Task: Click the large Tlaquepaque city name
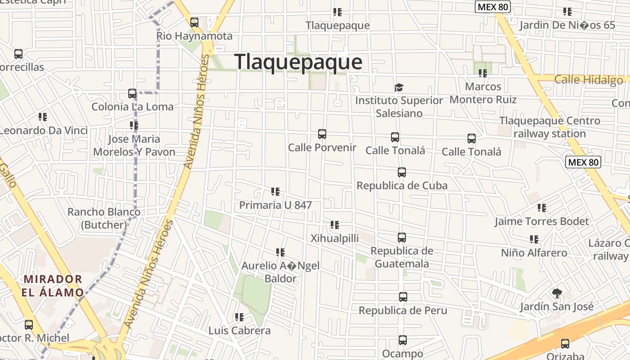(298, 62)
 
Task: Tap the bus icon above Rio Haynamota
(194, 22)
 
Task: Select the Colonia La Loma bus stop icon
(132, 94)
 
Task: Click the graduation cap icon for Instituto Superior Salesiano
(399, 87)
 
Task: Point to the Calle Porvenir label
(322, 148)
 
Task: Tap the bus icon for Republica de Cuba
(402, 172)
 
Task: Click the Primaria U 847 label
(275, 205)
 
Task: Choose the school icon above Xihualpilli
(335, 225)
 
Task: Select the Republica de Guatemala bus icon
(402, 238)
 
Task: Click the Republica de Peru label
(403, 310)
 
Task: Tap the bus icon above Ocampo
(403, 340)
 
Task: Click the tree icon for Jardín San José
(557, 293)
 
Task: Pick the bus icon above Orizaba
(565, 344)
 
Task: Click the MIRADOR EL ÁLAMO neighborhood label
(53, 286)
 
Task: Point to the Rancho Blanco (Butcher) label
(104, 218)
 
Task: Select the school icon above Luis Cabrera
(239, 317)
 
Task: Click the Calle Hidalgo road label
(589, 80)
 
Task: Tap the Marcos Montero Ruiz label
(483, 93)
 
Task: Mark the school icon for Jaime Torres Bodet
(542, 208)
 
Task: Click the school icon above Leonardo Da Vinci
(43, 117)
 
